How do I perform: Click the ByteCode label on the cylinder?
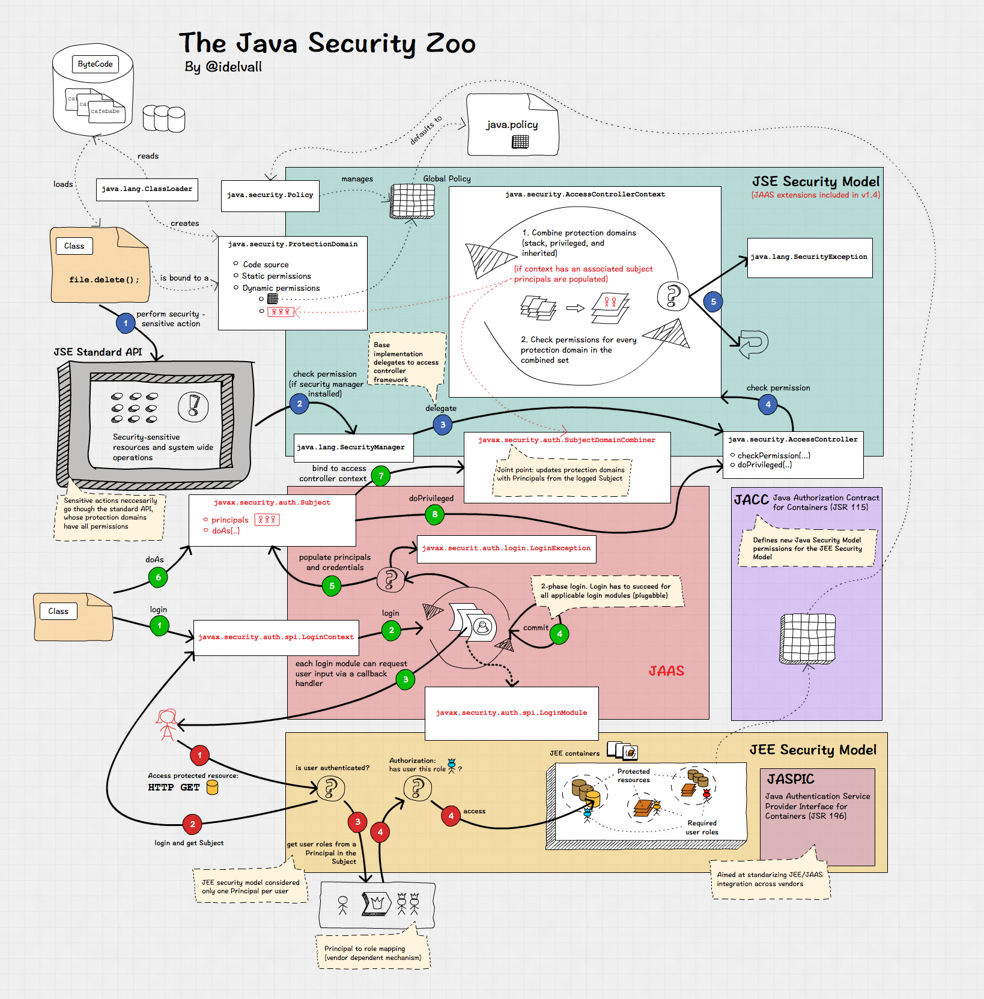[95, 64]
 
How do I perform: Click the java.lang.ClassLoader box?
[147, 189]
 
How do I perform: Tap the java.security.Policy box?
[270, 195]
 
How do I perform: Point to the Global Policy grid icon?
[412, 201]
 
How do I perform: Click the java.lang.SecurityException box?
[809, 257]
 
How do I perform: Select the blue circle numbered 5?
[713, 302]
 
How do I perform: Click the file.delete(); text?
[104, 280]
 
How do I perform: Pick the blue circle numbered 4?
[768, 404]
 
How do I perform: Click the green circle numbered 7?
[381, 476]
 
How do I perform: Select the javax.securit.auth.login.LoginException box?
[506, 548]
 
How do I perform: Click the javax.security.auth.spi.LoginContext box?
[276, 637]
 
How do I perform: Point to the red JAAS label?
[666, 671]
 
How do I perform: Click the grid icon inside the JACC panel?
[807, 638]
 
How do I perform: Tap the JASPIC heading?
[790, 779]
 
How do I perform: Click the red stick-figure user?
[166, 724]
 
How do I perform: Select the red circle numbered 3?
[357, 822]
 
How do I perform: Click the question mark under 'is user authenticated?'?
[331, 788]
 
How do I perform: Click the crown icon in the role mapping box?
[377, 903]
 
